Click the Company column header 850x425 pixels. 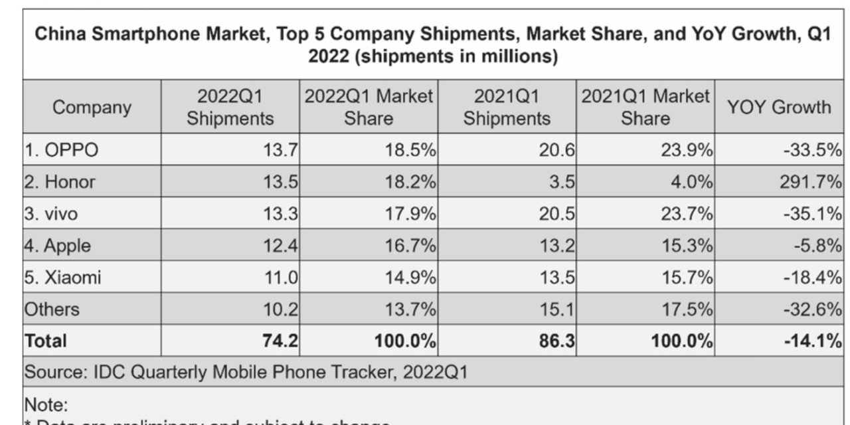tap(92, 108)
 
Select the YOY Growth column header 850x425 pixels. tap(778, 108)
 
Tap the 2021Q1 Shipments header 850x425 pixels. tap(507, 108)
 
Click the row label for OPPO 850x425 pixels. tap(61, 151)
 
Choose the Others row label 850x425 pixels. tap(52, 309)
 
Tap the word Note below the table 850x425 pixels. tap(45, 404)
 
